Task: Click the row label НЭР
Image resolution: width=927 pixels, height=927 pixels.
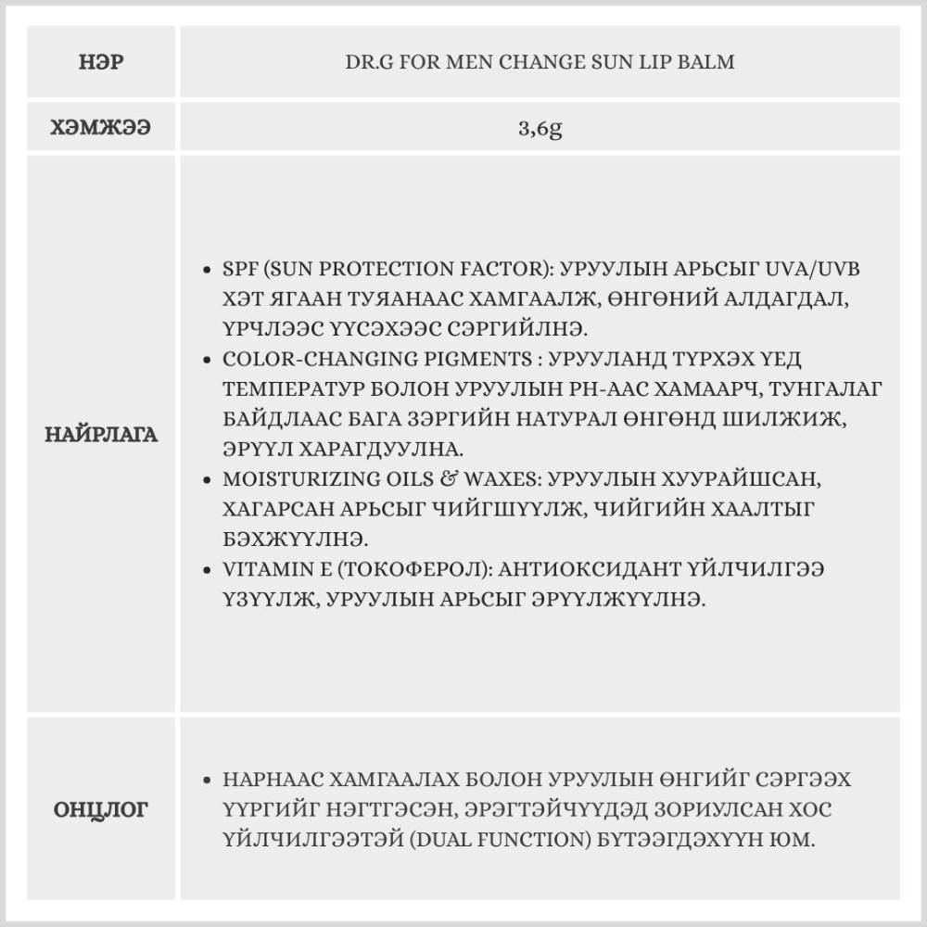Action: point(103,63)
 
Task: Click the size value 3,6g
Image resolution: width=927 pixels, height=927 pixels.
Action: point(540,128)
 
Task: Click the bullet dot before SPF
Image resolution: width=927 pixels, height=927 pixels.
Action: point(209,270)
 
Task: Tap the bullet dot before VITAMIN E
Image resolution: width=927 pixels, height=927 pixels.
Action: point(209,570)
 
